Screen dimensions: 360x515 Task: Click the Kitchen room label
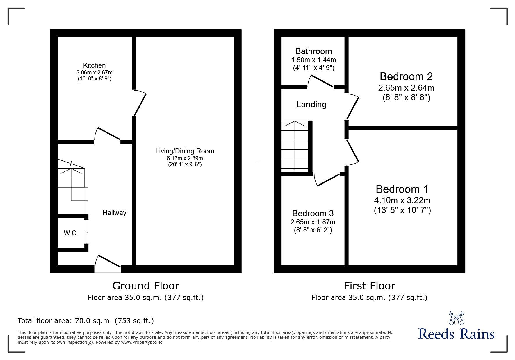(94, 65)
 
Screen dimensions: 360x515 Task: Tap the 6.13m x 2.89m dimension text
(185, 158)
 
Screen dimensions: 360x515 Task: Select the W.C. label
(71, 233)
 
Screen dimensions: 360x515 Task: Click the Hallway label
(114, 213)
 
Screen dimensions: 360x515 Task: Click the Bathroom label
(313, 51)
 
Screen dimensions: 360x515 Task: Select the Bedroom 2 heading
(406, 76)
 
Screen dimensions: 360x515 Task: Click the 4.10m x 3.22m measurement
(402, 200)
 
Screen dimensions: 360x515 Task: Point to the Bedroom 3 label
(313, 213)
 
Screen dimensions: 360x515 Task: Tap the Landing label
(311, 105)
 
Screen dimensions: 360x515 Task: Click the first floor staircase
(295, 146)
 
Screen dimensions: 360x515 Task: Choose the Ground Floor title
(145, 286)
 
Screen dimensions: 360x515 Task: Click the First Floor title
(369, 286)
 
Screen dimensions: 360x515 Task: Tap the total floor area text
(86, 321)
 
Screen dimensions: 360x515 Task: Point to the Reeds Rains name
(456, 334)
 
